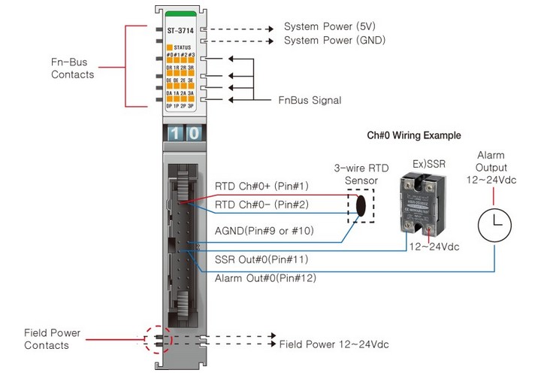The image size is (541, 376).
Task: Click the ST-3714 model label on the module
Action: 180,31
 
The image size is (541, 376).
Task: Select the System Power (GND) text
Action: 330,40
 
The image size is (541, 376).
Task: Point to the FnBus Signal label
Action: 310,100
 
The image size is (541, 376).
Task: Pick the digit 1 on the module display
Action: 173,133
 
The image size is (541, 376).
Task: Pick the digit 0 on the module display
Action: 192,133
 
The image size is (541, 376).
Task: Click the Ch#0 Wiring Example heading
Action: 413,135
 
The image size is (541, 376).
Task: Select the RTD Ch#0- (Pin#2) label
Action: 261,205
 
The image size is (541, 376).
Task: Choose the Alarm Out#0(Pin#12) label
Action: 264,278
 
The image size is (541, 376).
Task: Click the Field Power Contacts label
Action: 52,338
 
